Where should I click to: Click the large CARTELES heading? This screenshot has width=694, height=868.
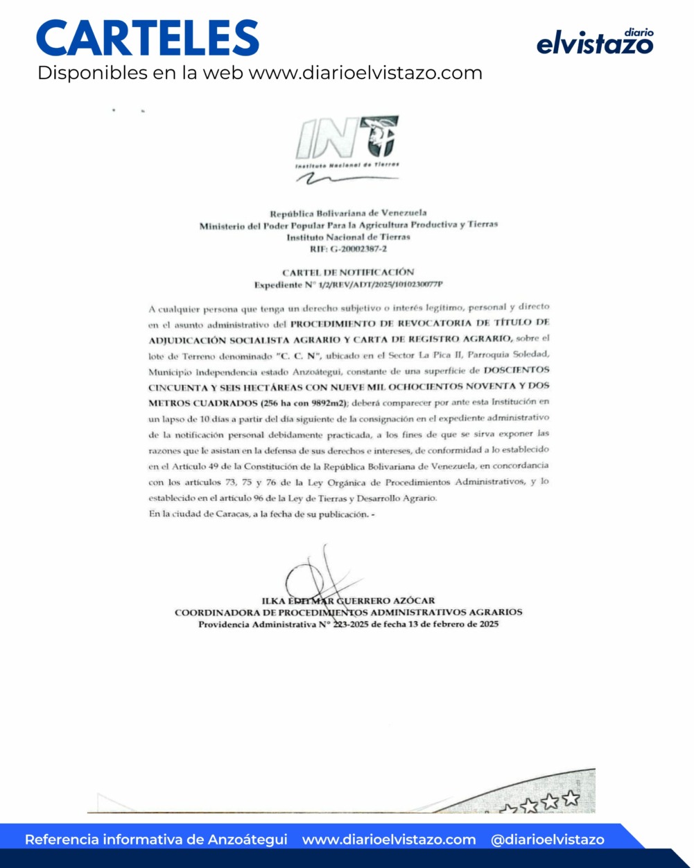[148, 39]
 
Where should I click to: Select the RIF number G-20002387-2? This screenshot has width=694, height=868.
[349, 248]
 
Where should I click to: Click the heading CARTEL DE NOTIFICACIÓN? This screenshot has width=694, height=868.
[348, 273]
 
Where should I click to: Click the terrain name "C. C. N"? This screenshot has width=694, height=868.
[296, 356]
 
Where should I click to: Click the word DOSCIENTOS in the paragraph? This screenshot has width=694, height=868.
[516, 371]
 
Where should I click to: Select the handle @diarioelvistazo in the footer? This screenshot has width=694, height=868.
[547, 840]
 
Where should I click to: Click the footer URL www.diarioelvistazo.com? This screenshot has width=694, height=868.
[389, 840]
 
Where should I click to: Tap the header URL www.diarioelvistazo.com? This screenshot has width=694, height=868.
[365, 73]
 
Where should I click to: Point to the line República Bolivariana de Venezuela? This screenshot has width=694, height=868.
[348, 213]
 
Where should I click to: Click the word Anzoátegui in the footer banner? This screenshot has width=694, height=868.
[248, 840]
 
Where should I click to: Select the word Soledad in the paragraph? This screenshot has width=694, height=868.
[530, 355]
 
